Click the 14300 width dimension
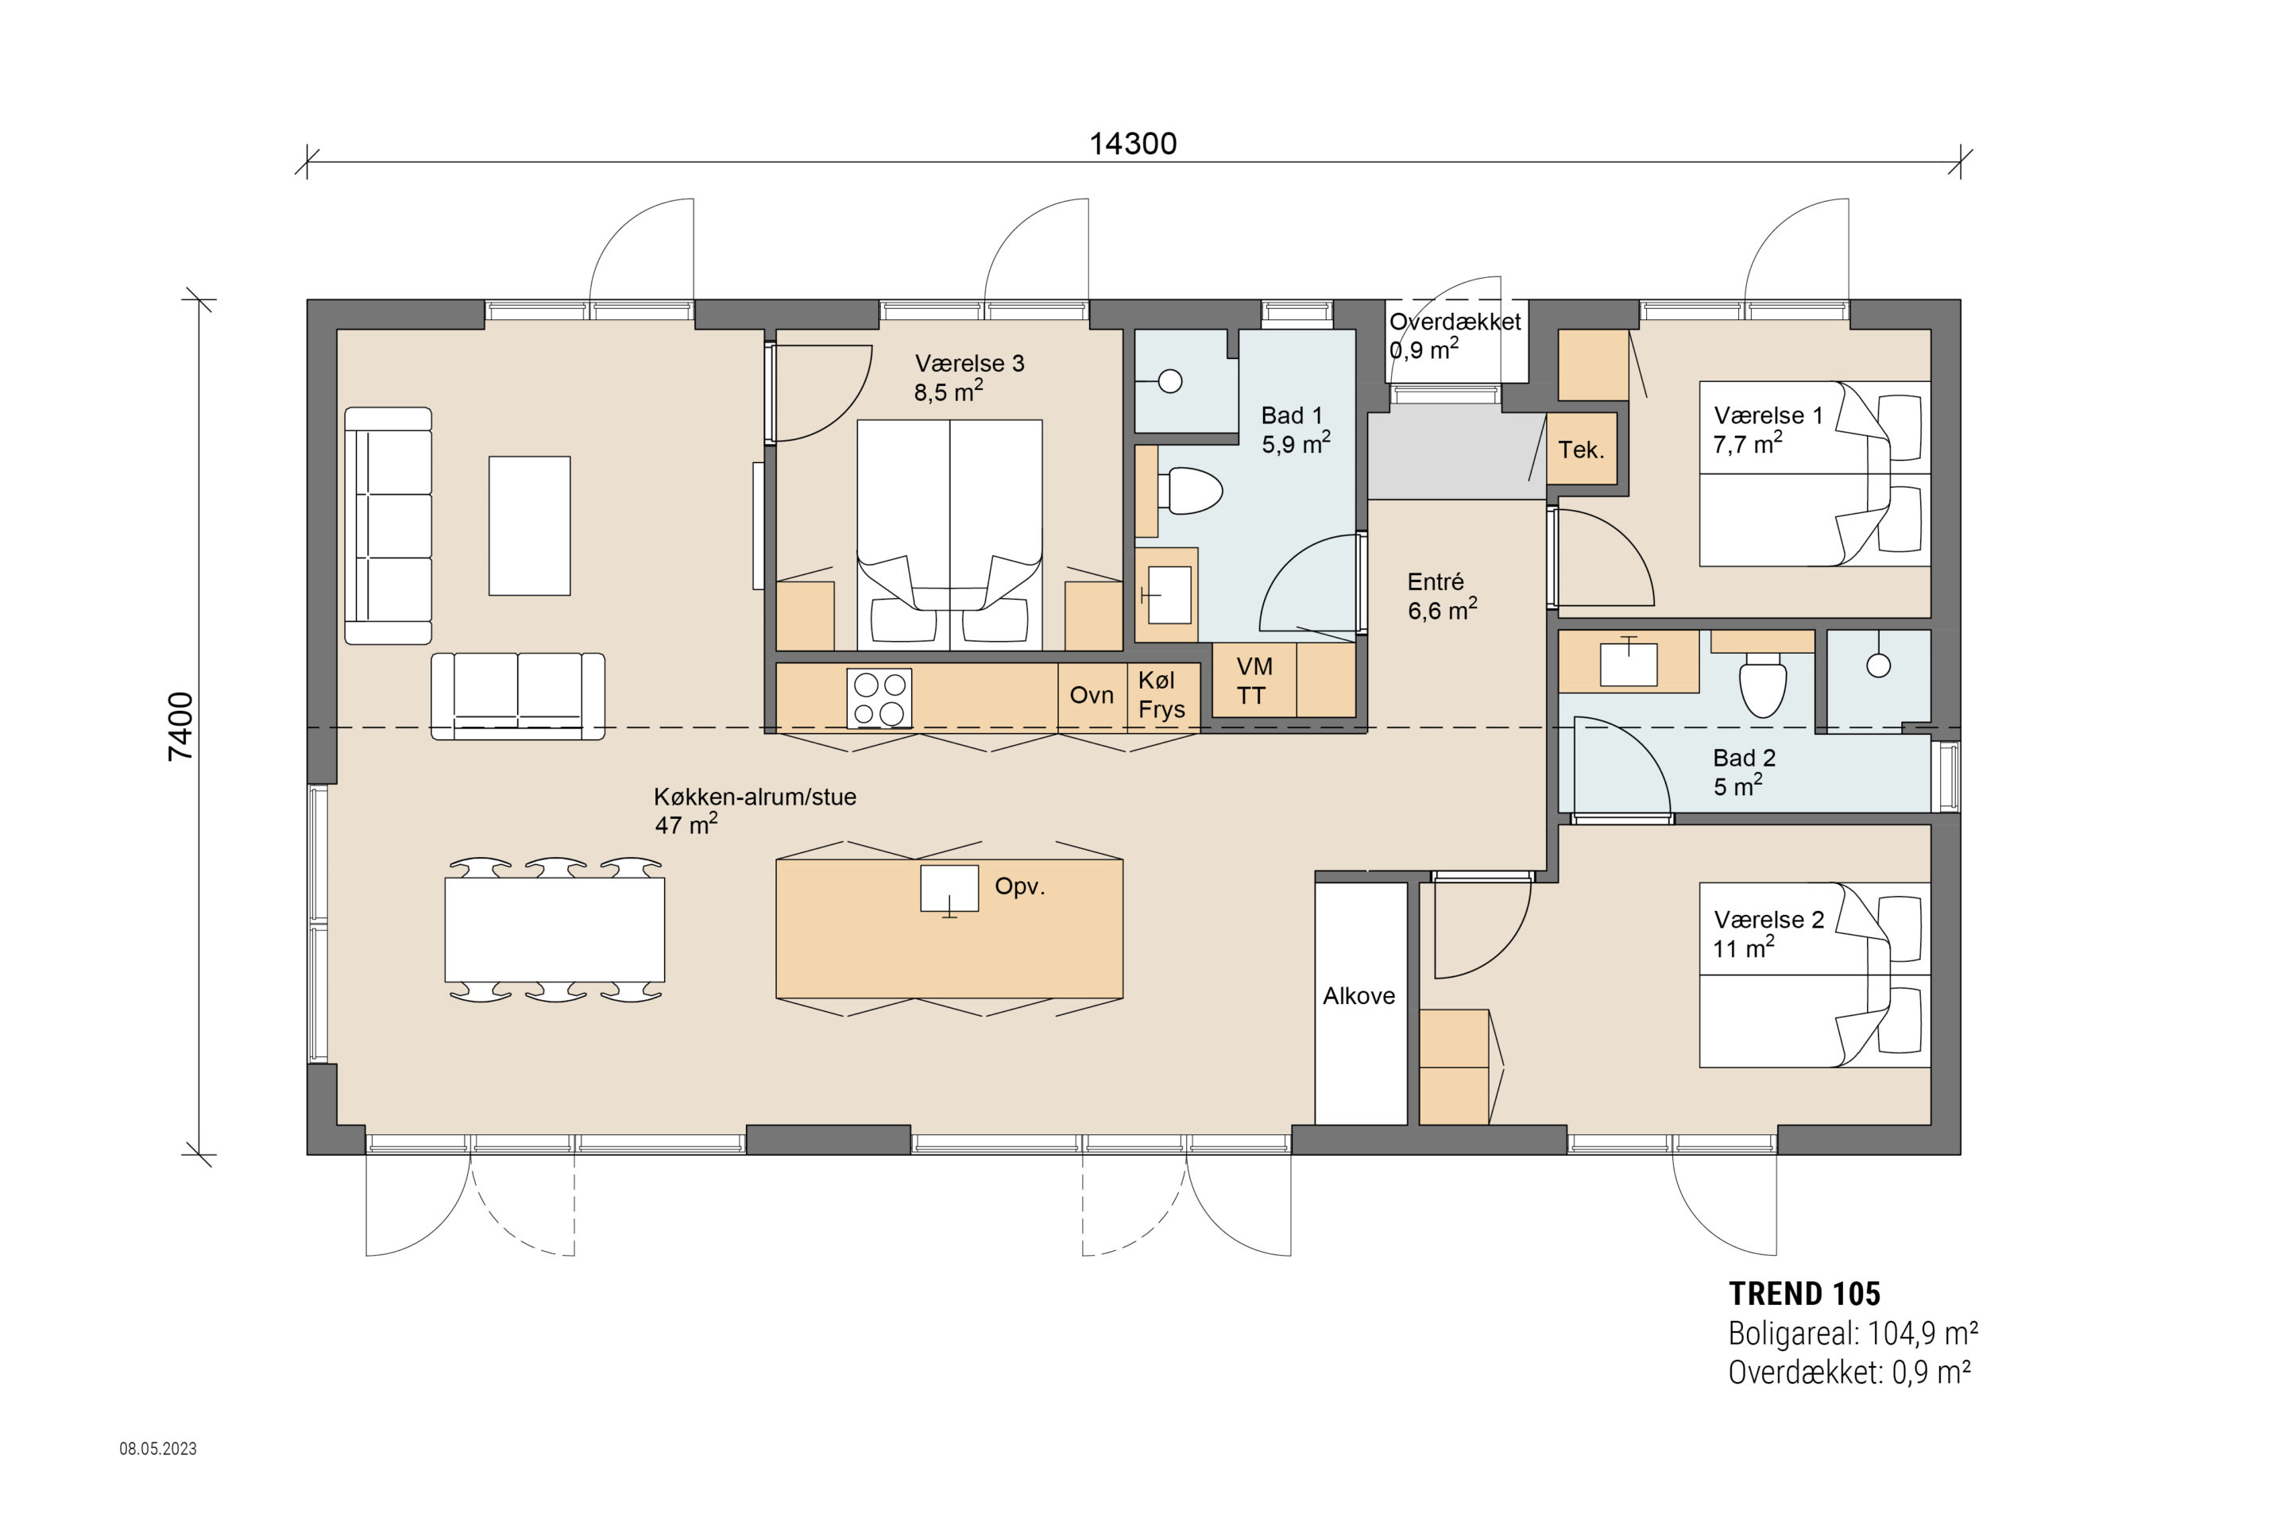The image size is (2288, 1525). tap(1132, 144)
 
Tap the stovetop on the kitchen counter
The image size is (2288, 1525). tap(879, 697)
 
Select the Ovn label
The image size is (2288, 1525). tap(1092, 696)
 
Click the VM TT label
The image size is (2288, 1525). tap(1253, 681)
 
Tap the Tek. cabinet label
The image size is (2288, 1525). tap(1581, 450)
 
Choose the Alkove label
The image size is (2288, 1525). tap(1359, 996)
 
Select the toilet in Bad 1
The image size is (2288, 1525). tap(1191, 491)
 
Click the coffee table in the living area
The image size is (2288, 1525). tap(529, 525)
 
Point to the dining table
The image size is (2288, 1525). tap(555, 930)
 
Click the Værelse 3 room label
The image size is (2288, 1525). tap(969, 364)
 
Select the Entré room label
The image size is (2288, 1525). tap(1435, 581)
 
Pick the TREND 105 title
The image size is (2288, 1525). tap(1804, 1294)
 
